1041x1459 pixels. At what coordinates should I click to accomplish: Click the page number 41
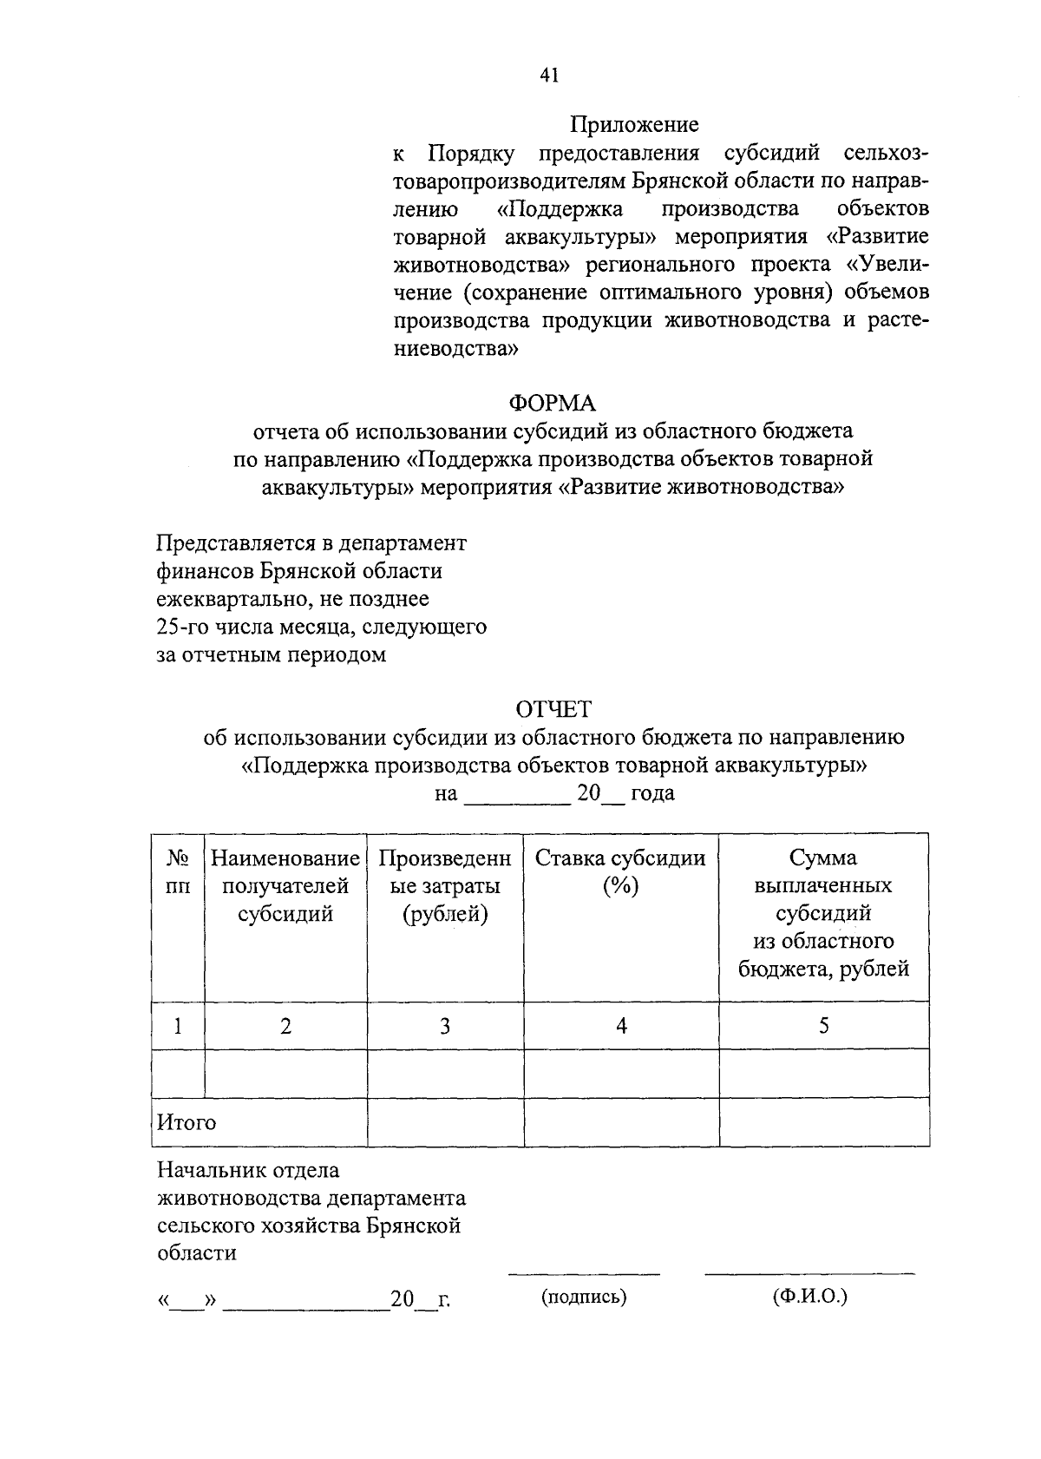(549, 76)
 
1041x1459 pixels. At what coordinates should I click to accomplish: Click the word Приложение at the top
(634, 125)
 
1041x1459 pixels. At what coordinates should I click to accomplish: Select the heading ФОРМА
(553, 403)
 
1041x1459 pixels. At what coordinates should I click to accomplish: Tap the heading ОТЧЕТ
(553, 709)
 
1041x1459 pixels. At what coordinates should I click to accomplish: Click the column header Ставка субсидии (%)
(620, 871)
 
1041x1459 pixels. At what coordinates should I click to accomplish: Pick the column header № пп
(178, 871)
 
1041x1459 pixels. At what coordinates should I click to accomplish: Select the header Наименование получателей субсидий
(285, 885)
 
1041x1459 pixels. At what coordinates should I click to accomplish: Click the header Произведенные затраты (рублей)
(445, 885)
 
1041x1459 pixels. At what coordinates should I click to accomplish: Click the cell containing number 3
(445, 1026)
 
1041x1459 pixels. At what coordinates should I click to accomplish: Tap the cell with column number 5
(823, 1026)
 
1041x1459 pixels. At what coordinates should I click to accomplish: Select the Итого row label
(187, 1122)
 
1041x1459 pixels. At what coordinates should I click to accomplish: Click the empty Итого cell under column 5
(823, 1121)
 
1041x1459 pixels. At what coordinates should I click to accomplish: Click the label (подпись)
(584, 1297)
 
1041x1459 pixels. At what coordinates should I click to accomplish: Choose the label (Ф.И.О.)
(809, 1296)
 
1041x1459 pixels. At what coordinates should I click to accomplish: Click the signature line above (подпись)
(584, 1273)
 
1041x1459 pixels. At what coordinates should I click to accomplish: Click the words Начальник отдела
(248, 1170)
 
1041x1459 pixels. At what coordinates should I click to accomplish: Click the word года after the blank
(652, 793)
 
